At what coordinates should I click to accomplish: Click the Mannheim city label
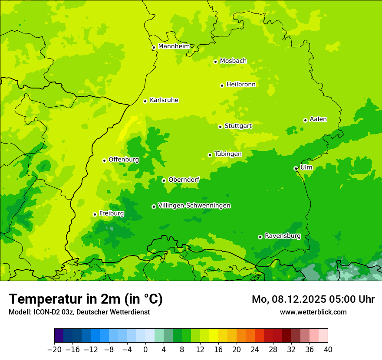174,46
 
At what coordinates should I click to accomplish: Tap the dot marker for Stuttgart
221,127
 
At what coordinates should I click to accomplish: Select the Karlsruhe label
164,100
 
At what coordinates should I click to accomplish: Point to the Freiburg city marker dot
95,214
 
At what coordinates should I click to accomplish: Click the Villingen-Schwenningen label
194,206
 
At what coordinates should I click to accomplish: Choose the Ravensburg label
282,236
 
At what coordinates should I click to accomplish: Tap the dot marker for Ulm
296,168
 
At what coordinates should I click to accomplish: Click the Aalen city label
318,119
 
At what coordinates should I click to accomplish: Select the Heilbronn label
241,85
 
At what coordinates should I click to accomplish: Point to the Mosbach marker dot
215,62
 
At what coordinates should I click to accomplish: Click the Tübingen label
227,154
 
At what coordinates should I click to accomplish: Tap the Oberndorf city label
184,180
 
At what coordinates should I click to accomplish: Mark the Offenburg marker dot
104,160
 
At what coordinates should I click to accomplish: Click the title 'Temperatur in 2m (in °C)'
86,299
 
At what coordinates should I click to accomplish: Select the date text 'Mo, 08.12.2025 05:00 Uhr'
313,299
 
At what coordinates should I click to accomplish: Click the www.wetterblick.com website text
313,312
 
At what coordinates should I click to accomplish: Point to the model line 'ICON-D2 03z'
79,312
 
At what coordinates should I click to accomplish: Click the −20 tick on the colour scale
55,350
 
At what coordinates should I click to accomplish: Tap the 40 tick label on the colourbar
328,350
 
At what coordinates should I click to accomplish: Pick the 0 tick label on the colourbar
145,350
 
